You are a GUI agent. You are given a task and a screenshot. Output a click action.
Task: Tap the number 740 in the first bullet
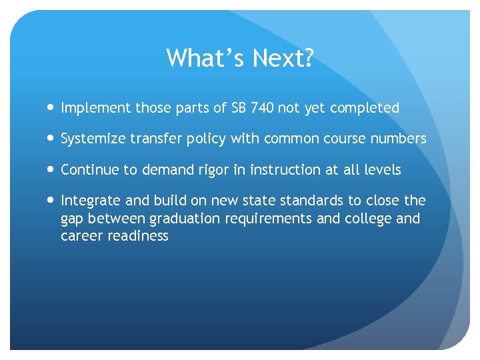point(263,107)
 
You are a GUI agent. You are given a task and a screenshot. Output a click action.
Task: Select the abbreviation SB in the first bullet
point(239,107)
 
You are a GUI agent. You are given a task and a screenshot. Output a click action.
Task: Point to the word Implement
point(95,108)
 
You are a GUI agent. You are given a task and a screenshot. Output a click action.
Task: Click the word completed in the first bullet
point(366,108)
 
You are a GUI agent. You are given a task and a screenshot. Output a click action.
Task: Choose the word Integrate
point(90,201)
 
